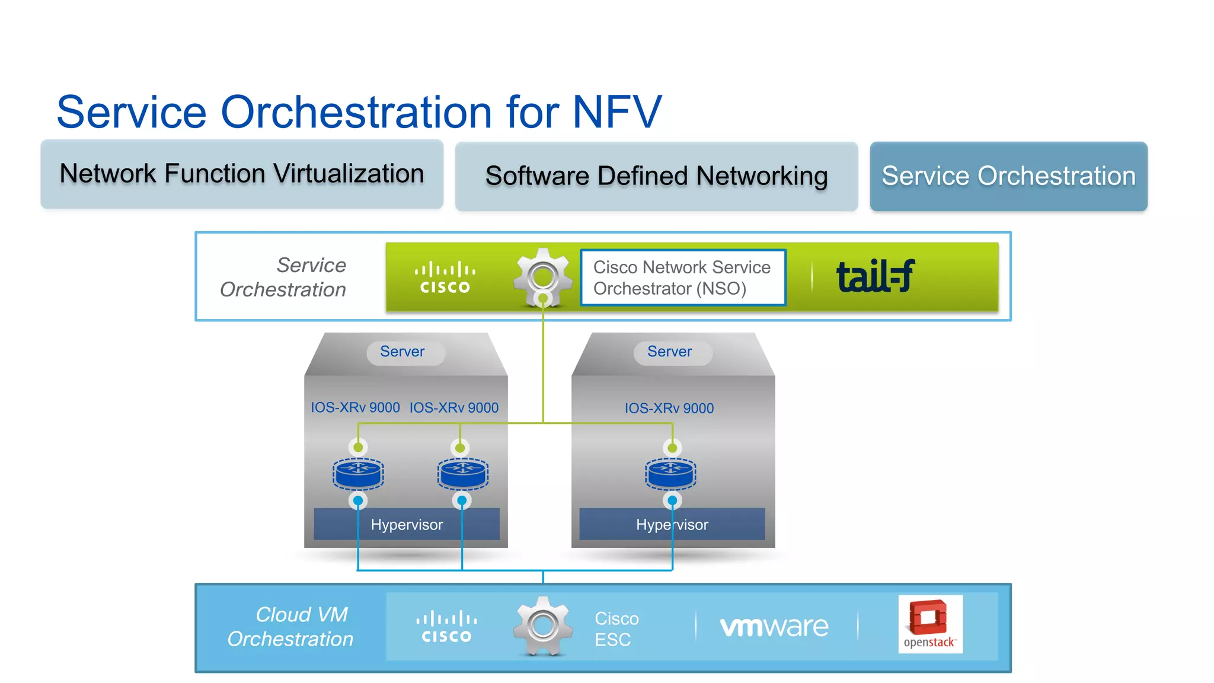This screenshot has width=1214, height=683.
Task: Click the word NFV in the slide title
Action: coord(616,112)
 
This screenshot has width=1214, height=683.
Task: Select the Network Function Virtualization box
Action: coord(242,174)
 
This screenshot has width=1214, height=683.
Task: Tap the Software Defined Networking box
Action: coord(656,176)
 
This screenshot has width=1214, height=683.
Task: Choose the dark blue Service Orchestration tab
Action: coord(1008,176)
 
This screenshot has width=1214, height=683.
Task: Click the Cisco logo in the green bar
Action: coord(445,277)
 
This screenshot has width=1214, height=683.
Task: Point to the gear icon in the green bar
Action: coord(542,276)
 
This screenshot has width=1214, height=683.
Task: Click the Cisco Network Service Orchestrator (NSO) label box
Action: coord(683,277)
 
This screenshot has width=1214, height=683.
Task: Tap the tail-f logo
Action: coord(876,276)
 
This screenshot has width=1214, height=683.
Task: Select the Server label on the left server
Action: coord(402,352)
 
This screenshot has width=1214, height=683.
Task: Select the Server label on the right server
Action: coord(670,352)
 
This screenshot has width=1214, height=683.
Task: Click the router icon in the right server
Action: coord(670,473)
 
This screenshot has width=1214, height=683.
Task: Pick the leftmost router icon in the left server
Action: coord(358,473)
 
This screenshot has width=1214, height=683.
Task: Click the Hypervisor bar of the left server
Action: coord(407,524)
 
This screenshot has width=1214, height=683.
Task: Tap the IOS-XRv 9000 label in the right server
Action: coord(669,408)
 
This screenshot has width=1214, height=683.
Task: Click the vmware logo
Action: coord(774,627)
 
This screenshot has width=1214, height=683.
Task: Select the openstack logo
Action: coord(930,624)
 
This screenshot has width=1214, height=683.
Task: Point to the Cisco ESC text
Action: coord(616,629)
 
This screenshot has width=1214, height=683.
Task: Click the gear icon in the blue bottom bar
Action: coord(542,625)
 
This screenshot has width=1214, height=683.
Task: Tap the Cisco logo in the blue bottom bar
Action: coord(446,627)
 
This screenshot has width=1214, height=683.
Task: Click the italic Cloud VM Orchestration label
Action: coord(291,627)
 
